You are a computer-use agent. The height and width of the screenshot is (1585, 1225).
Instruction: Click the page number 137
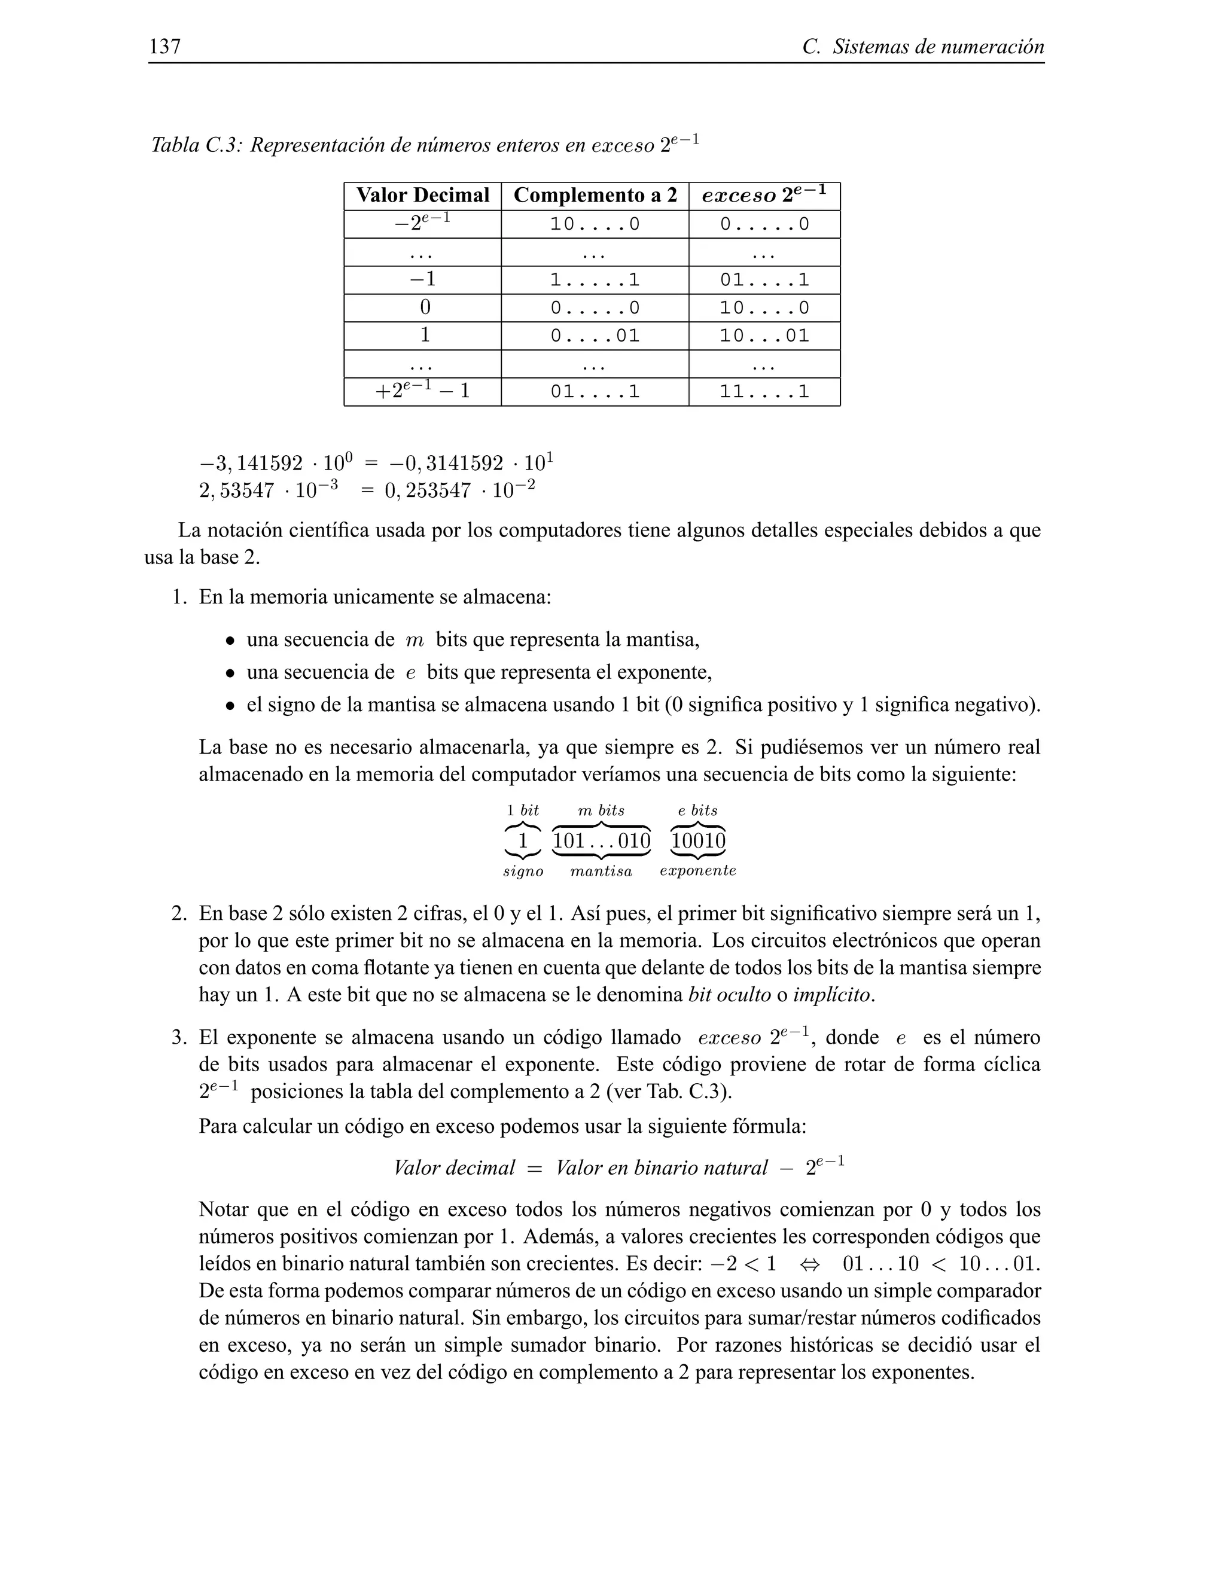coord(164,47)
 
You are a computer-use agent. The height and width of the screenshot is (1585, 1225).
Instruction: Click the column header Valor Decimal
coord(422,195)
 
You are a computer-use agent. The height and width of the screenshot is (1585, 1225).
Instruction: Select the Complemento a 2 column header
coord(595,195)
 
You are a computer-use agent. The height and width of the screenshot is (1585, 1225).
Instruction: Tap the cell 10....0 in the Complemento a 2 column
coord(595,224)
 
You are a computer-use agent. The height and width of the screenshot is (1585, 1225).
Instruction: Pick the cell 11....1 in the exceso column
coord(764,392)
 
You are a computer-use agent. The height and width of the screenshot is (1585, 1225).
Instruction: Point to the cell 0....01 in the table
coord(595,336)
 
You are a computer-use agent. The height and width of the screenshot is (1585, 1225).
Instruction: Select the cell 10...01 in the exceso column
coord(764,336)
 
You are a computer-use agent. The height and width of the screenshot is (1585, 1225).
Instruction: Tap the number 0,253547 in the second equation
coord(428,491)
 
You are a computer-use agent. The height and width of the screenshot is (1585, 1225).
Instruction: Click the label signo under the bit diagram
coord(523,871)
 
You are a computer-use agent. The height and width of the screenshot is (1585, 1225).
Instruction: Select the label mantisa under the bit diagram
coord(601,871)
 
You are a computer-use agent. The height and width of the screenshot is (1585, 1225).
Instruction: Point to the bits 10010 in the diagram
coord(698,841)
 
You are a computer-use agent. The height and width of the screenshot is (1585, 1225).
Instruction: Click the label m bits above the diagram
coord(601,810)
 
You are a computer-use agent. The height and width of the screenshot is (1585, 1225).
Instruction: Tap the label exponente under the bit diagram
coord(698,871)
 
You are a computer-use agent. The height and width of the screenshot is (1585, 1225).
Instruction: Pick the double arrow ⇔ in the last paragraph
coord(809,1264)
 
